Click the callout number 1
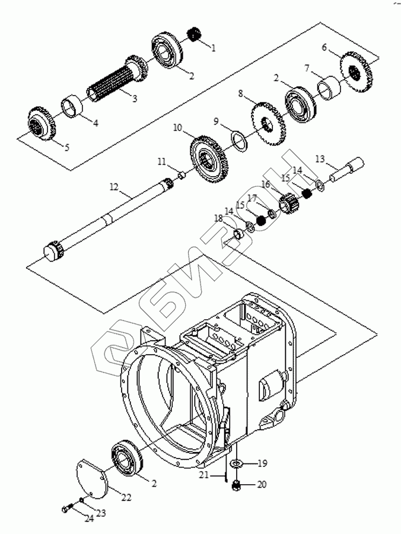(x=214, y=48)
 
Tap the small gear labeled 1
(x=195, y=34)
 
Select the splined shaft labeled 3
(x=116, y=79)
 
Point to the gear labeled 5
(x=42, y=123)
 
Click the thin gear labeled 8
(x=268, y=125)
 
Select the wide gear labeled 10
(x=209, y=159)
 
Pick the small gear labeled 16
(x=289, y=204)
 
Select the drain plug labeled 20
(x=235, y=486)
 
